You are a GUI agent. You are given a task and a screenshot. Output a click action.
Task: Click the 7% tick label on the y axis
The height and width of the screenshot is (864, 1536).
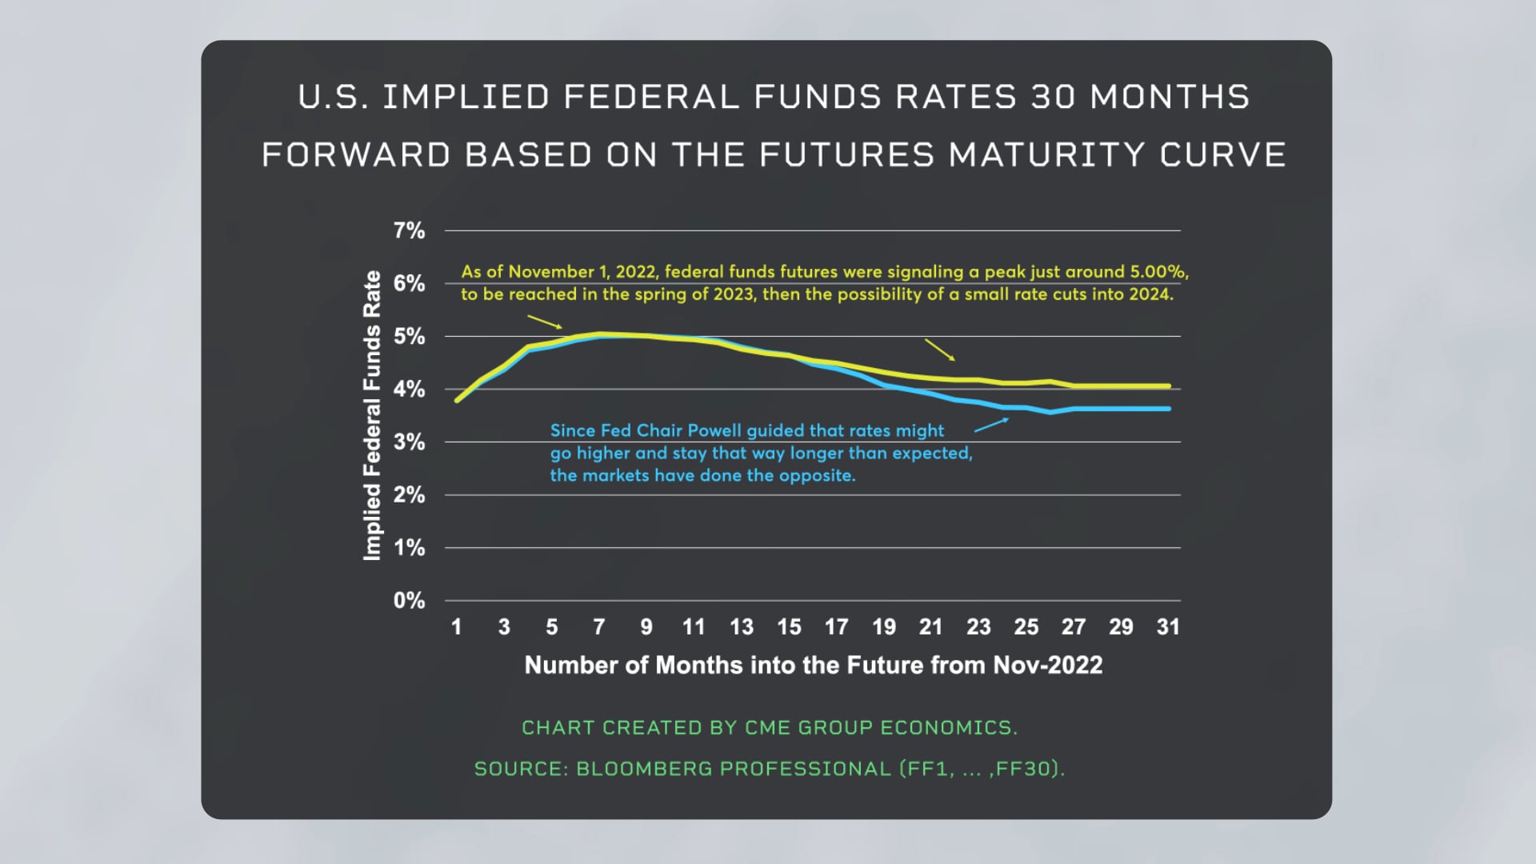click(x=409, y=231)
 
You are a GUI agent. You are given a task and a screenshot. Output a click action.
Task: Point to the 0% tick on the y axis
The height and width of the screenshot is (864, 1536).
click(x=409, y=601)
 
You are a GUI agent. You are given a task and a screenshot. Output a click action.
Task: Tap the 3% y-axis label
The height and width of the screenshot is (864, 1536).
click(x=409, y=442)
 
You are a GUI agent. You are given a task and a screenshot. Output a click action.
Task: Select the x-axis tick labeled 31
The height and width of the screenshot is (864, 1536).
click(x=1168, y=627)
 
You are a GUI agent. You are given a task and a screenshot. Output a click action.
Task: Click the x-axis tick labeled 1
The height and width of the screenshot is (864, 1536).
click(x=456, y=627)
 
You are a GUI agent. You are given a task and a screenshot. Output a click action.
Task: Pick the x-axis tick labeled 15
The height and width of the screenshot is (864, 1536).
click(x=789, y=627)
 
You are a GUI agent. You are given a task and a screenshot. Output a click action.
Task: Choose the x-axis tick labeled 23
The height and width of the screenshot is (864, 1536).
click(x=978, y=627)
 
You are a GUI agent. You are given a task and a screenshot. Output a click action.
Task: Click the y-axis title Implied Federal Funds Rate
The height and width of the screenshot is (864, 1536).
click(x=372, y=416)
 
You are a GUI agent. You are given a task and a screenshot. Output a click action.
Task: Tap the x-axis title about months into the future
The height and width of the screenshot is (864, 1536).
click(x=813, y=666)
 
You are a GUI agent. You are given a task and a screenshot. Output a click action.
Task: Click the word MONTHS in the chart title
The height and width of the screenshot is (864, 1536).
click(x=1170, y=98)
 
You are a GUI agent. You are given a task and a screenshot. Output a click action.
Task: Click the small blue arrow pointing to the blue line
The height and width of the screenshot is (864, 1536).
click(x=992, y=425)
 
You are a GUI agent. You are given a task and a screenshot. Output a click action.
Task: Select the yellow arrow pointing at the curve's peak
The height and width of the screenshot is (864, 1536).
click(x=545, y=322)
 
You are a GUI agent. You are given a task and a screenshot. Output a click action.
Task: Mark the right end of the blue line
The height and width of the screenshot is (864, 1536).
click(x=1169, y=409)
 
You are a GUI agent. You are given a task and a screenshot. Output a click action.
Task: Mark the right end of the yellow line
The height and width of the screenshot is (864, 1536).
click(x=1169, y=386)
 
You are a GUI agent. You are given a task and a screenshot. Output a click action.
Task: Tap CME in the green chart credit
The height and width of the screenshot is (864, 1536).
click(x=768, y=728)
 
